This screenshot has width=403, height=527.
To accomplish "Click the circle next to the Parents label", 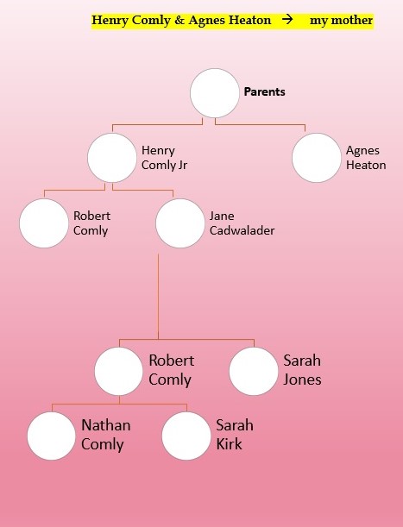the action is coord(215,93).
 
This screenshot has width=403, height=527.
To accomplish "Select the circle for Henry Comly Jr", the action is coord(112,158).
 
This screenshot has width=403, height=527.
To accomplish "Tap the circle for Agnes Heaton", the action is coord(317,158).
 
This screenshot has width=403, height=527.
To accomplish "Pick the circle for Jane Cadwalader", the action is coord(180,223).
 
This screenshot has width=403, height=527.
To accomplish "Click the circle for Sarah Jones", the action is coord(254,371).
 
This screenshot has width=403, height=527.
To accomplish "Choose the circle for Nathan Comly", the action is coord(51,436).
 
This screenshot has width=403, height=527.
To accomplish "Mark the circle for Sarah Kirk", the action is coord(186,436).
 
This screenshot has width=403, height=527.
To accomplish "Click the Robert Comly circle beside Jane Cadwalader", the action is coord(44,223).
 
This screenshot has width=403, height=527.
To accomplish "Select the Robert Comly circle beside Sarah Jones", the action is coord(119,371).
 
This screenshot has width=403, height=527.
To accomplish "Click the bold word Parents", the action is coord(264,91).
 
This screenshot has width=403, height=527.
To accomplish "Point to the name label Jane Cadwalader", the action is coord(242,223).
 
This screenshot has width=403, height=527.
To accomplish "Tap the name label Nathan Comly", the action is coord(106,435).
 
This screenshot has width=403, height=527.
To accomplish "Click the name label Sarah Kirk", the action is coord(235,435).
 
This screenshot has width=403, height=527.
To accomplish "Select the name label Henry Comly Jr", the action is coord(164,158).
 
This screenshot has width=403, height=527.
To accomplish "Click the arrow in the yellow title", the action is coord(287,20).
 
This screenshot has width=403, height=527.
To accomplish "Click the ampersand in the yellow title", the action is coord(179,20).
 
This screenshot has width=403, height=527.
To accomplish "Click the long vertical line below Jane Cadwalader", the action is coord(158,297).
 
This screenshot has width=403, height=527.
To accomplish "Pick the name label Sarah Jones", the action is coord(302,370).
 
